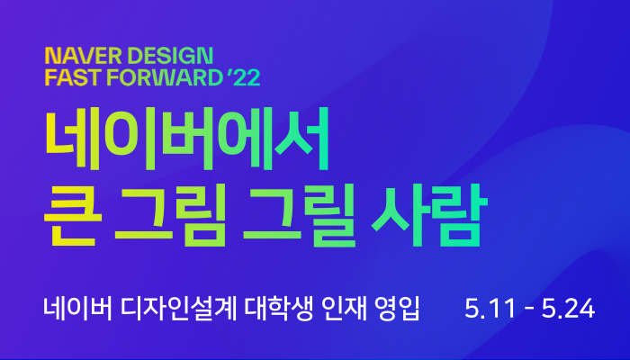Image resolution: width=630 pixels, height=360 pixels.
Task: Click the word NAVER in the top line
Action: point(83,56)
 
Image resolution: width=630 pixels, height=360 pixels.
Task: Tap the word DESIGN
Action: point(170,56)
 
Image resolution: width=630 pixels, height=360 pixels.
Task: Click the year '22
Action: point(244,77)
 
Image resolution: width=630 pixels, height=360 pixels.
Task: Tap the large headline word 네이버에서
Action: point(187,139)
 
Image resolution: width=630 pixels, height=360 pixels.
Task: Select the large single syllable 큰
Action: point(73,215)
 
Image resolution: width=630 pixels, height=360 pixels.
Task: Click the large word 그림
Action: point(170,215)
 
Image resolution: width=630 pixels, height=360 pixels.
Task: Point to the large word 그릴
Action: point(300,215)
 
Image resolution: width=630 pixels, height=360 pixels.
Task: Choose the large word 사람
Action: point(429,215)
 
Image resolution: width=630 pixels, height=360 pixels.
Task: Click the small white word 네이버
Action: point(78,309)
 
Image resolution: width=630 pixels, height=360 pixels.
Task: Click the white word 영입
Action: point(397,309)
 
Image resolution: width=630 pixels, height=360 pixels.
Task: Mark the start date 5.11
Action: point(490,309)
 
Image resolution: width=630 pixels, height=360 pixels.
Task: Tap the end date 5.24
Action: point(568,309)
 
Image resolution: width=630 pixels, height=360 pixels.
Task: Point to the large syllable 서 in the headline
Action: point(302,139)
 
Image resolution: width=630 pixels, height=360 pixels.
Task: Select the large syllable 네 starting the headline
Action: point(72,139)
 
